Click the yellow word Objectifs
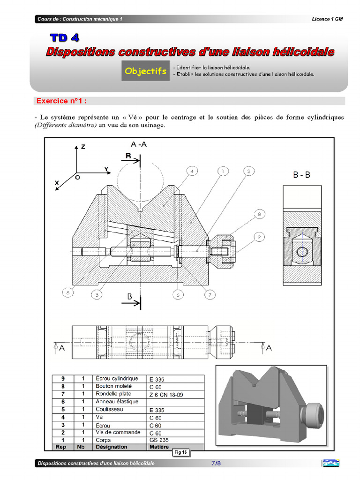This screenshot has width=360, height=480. [145, 71]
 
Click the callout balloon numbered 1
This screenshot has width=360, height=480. [223, 171]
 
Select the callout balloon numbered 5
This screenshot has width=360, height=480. [68, 293]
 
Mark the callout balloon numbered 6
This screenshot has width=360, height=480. [178, 294]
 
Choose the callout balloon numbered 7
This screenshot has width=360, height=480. [209, 294]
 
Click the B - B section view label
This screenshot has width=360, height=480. [301, 175]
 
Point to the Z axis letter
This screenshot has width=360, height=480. [83, 147]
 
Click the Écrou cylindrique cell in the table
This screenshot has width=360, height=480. [116, 378]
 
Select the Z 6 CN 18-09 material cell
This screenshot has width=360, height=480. [166, 395]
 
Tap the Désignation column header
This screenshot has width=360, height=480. [111, 447]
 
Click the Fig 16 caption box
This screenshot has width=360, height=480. [180, 452]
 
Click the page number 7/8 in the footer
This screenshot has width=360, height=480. [216, 463]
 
